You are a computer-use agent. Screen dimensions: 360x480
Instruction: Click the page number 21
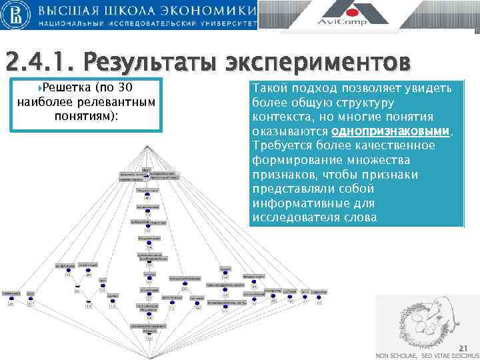pyautogui.click(x=464, y=347)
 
